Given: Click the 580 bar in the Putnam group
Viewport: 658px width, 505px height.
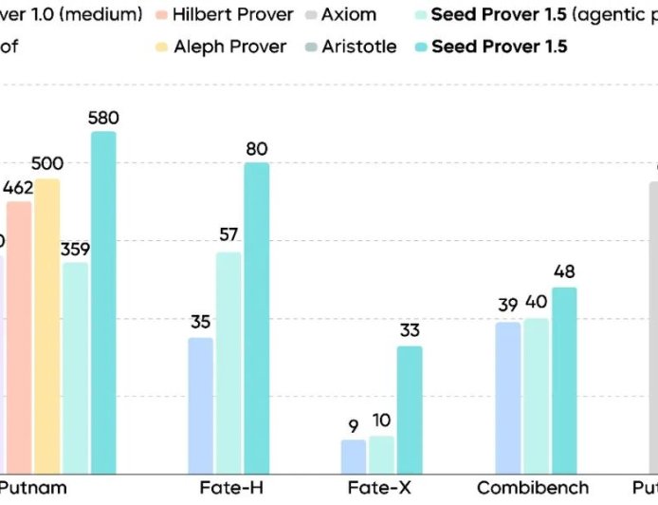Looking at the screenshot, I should tap(103, 303).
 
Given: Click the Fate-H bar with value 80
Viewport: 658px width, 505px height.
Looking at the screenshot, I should tap(256, 318).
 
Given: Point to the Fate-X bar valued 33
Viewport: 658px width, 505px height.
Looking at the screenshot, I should tap(410, 409).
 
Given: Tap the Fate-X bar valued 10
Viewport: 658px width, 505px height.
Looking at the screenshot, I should tap(381, 454).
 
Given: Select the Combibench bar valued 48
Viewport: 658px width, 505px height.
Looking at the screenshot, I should tap(564, 380).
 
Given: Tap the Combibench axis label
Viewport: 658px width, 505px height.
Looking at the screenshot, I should tap(533, 488).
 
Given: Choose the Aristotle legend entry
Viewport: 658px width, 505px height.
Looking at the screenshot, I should tap(348, 47).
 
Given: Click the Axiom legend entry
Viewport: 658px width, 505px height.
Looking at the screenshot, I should tap(338, 15).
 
